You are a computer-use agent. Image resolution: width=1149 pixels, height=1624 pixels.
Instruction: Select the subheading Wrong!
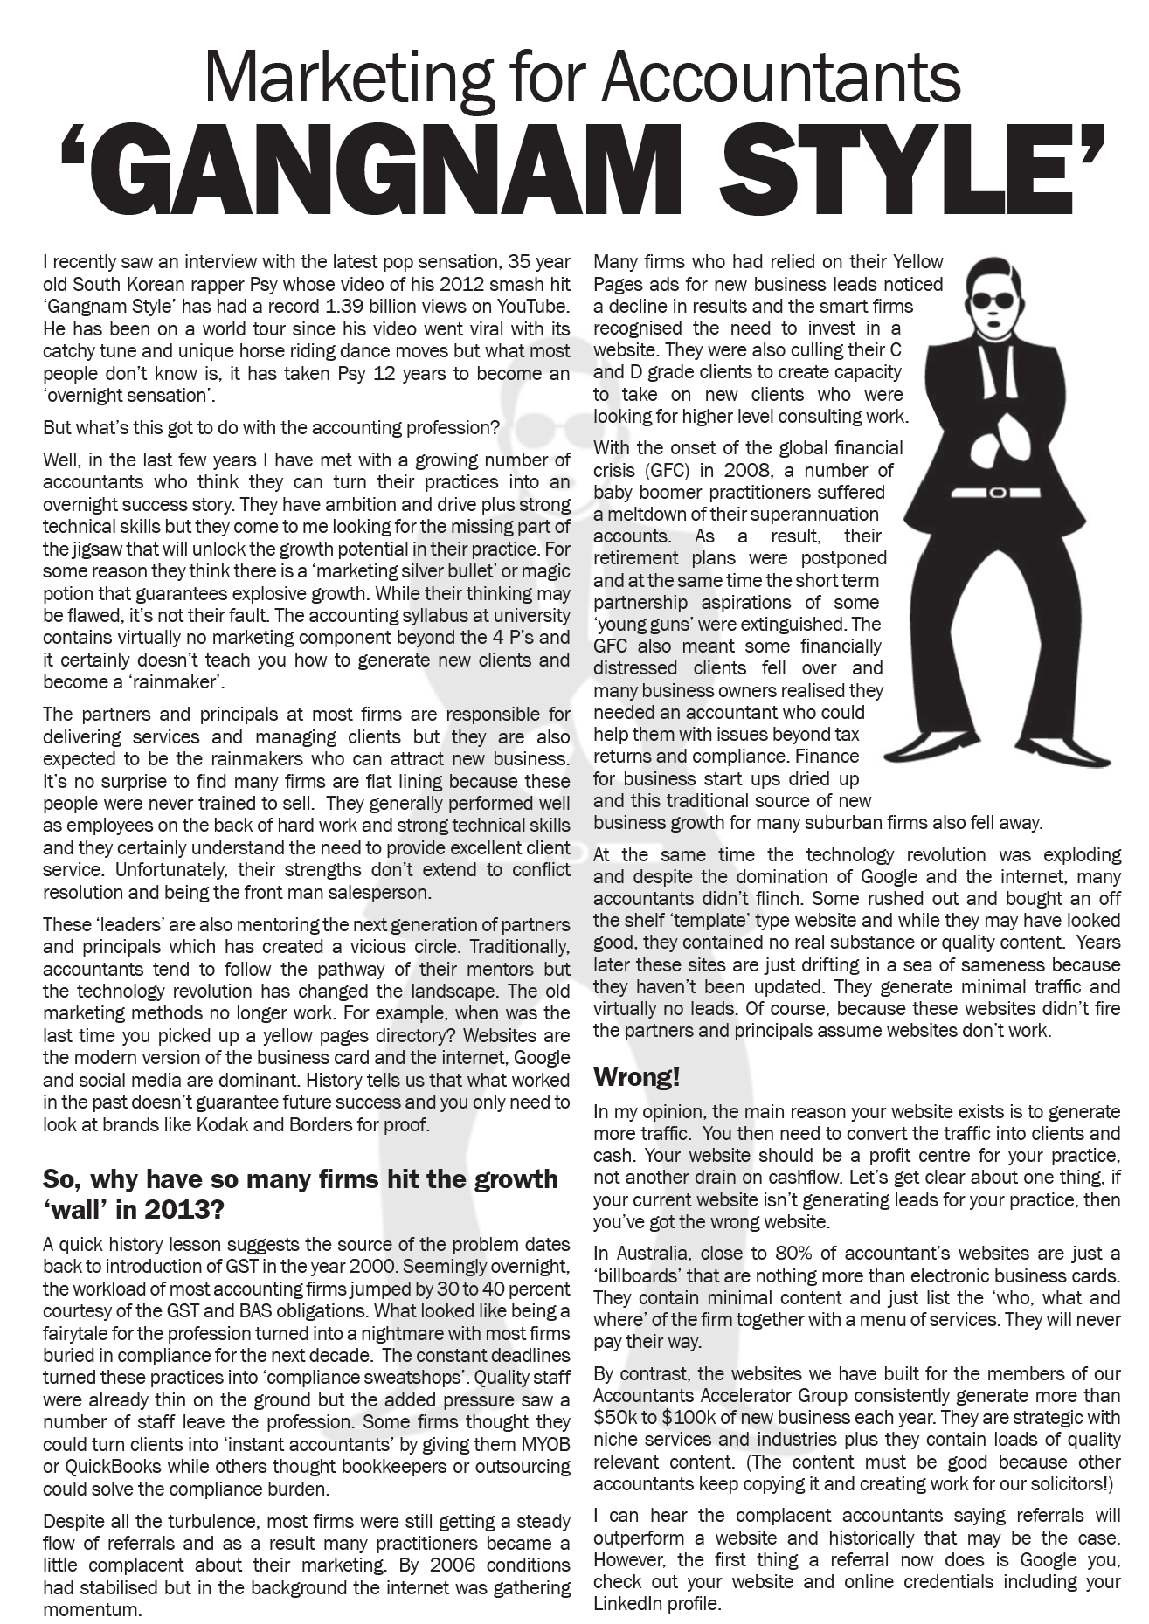pos(637,1078)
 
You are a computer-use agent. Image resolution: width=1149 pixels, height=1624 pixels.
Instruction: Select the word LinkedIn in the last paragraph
pos(626,1604)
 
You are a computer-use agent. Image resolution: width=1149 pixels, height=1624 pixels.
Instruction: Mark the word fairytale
pos(80,1334)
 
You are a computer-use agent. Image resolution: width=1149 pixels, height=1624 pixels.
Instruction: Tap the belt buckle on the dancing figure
pos(997,493)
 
